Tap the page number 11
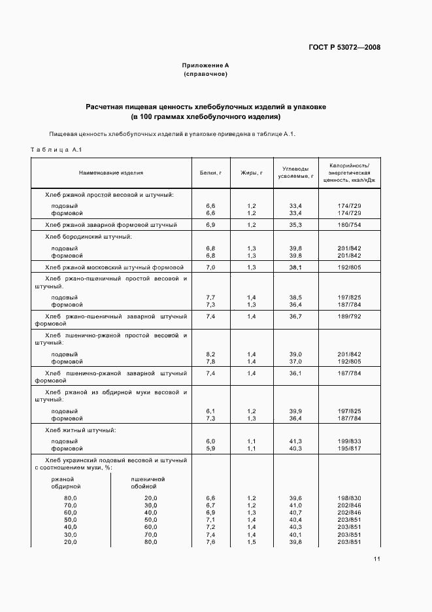377,559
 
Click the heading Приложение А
205,66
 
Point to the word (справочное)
205,75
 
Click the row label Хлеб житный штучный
80,430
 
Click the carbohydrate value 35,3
295,225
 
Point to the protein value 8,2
210,354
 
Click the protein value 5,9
210,449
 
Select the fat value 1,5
252,543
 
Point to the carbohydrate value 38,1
295,267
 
